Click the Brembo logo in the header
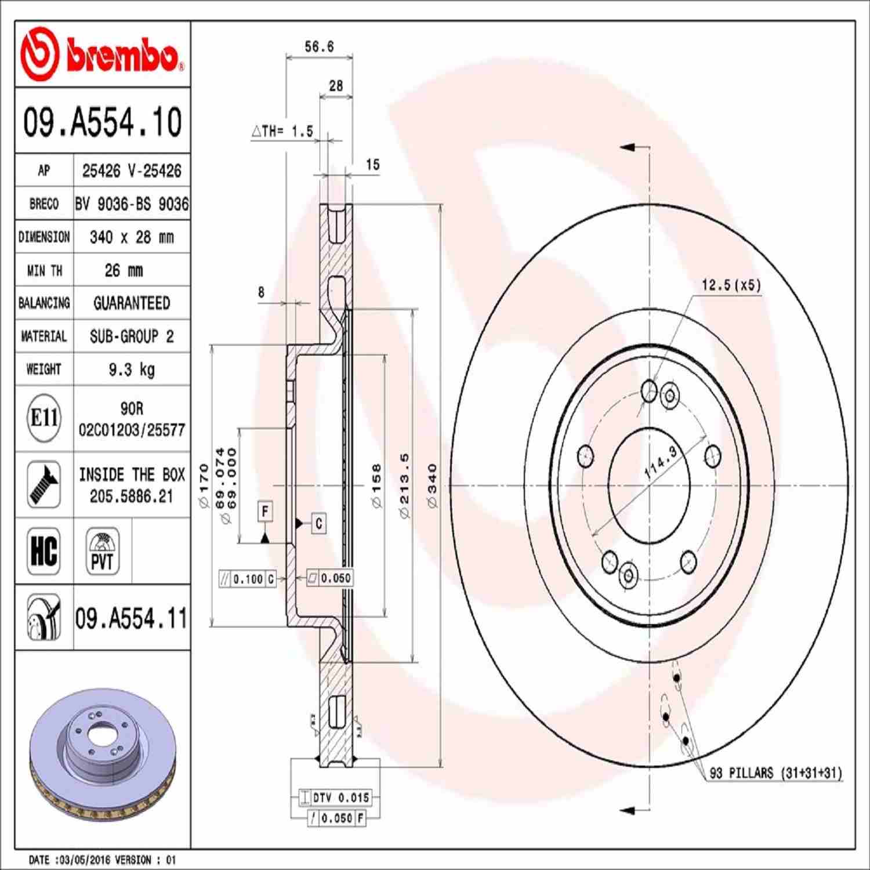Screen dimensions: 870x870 102,55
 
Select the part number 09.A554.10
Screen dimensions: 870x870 102,122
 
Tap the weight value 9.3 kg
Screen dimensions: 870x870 132,369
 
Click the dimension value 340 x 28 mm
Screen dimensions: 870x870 132,237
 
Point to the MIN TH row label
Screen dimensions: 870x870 44,270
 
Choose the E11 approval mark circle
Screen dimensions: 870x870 44,418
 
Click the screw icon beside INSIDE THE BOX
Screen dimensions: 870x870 44,485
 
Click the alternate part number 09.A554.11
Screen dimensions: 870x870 132,618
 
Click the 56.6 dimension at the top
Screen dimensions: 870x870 319,47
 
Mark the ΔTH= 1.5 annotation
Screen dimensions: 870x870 282,132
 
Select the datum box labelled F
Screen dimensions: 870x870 265,512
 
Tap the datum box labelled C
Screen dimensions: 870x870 318,523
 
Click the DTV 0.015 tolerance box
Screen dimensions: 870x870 340,798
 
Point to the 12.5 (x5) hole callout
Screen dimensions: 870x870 731,285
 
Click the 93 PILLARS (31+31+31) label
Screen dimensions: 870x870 775,773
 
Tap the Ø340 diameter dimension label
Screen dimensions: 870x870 432,486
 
